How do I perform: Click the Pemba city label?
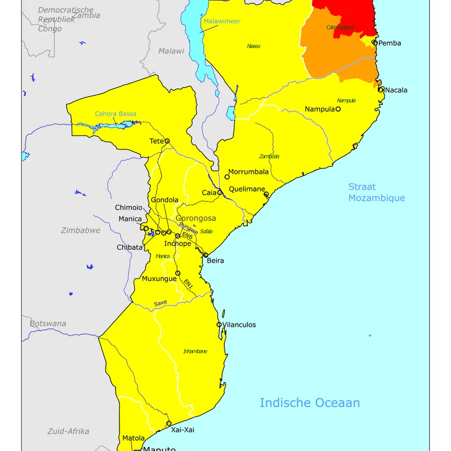[x=390, y=43]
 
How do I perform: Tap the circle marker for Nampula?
[x=338, y=109]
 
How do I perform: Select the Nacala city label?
[x=396, y=90]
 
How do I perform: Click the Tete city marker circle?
[x=167, y=142]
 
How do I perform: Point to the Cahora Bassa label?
[x=116, y=114]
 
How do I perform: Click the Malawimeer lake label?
[x=222, y=21]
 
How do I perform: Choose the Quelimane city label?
[x=247, y=189]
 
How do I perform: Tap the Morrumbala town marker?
[x=227, y=177]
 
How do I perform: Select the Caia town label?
[x=209, y=193]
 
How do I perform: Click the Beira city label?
[x=215, y=261]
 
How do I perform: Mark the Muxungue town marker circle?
[x=178, y=273]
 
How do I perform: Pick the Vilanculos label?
[x=239, y=325]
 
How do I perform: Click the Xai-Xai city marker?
[x=169, y=423]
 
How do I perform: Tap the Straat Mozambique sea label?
[x=377, y=192]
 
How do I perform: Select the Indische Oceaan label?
[x=309, y=403]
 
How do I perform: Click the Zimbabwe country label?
[x=81, y=231]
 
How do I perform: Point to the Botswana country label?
[x=48, y=324]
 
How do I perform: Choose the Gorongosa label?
[x=196, y=218]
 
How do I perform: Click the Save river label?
[x=161, y=303]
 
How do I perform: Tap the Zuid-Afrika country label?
[x=68, y=431]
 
